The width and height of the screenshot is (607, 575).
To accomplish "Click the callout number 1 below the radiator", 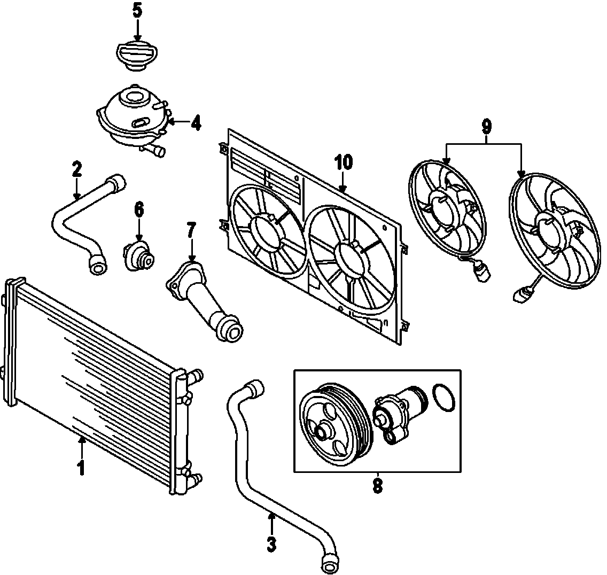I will [x=81, y=468].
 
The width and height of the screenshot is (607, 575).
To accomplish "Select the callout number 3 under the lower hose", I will [x=271, y=543].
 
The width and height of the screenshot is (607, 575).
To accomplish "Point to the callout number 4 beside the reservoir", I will [x=196, y=123].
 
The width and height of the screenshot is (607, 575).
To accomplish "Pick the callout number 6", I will [x=139, y=209].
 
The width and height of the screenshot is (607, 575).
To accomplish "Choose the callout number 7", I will [x=192, y=231].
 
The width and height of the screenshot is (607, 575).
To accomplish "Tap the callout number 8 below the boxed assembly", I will [x=377, y=486].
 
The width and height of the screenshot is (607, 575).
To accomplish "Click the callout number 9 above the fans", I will [x=486, y=127].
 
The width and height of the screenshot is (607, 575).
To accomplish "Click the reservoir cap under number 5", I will [x=137, y=56].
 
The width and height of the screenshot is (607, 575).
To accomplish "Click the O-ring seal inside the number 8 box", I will [x=443, y=398].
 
